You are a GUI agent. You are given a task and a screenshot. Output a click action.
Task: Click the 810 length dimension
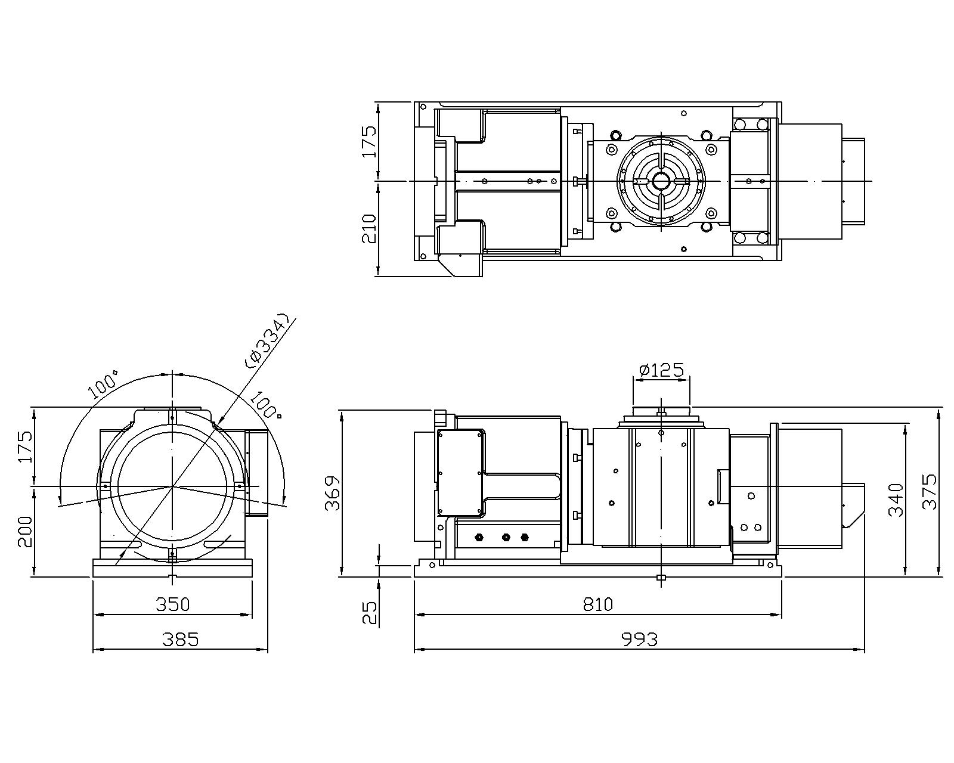click(597, 604)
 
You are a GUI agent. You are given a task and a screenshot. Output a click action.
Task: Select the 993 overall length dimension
click(639, 640)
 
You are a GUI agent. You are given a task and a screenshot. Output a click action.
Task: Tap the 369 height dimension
click(333, 494)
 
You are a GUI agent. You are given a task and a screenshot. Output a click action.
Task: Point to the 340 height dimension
click(896, 500)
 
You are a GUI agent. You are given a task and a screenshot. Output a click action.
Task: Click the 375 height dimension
click(930, 492)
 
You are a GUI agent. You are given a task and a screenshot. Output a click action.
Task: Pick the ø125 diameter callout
click(661, 370)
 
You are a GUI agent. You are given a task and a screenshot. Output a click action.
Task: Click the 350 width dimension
click(172, 604)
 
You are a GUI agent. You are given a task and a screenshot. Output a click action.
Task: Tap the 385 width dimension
click(181, 640)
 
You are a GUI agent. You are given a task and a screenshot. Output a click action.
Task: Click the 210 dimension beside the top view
click(369, 229)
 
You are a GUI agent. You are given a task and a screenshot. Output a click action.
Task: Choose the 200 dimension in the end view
click(25, 532)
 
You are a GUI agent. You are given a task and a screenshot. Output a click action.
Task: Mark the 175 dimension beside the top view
click(369, 142)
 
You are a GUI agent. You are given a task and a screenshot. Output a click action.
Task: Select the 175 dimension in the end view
click(25, 446)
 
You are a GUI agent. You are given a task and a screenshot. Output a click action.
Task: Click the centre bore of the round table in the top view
click(661, 181)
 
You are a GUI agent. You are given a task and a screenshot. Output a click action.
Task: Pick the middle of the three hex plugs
click(506, 537)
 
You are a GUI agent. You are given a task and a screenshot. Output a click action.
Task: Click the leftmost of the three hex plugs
click(479, 537)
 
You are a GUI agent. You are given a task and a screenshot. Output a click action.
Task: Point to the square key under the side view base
click(661, 578)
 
